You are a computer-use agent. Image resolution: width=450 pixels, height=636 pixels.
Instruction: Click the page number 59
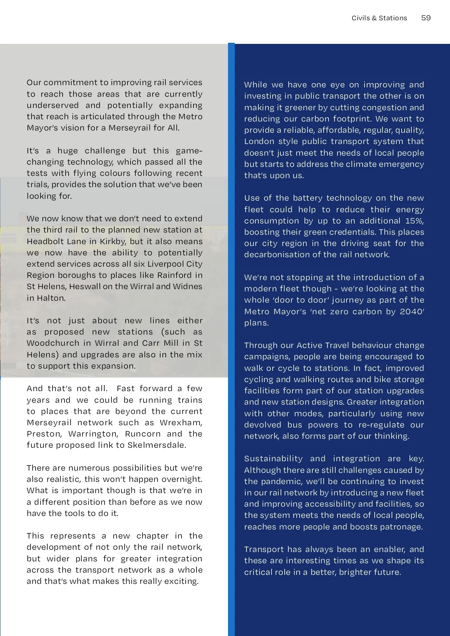[426, 18]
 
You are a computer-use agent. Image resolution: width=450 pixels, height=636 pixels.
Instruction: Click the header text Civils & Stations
[379, 18]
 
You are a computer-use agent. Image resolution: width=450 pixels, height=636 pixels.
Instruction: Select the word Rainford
[174, 275]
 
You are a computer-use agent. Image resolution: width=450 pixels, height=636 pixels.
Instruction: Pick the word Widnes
[187, 286]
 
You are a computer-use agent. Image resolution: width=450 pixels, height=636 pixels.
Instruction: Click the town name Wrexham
[181, 423]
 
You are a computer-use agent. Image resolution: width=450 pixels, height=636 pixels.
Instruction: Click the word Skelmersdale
[156, 445]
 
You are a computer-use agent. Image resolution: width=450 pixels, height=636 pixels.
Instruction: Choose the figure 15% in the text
[414, 221]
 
